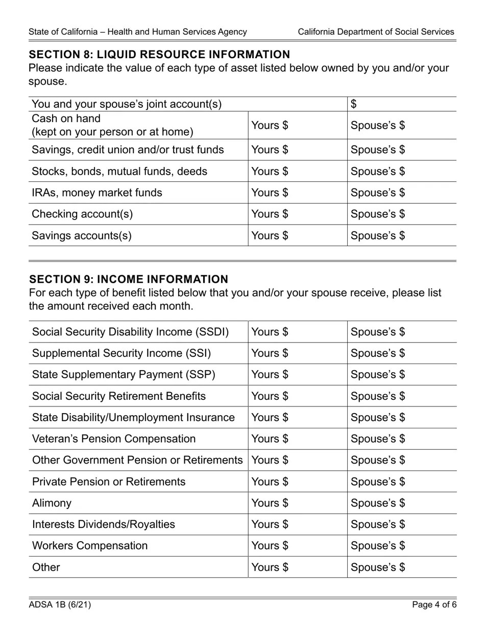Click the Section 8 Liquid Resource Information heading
click(159, 55)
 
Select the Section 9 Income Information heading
click(129, 279)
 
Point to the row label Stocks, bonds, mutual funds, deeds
click(119, 171)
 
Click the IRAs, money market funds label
click(97, 192)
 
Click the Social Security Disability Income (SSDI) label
click(131, 332)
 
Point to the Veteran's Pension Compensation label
click(114, 439)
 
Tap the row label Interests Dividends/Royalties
click(104, 524)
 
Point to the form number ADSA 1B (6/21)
click(60, 605)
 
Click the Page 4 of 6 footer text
click(434, 605)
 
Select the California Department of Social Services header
click(376, 32)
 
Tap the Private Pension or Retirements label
click(109, 482)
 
